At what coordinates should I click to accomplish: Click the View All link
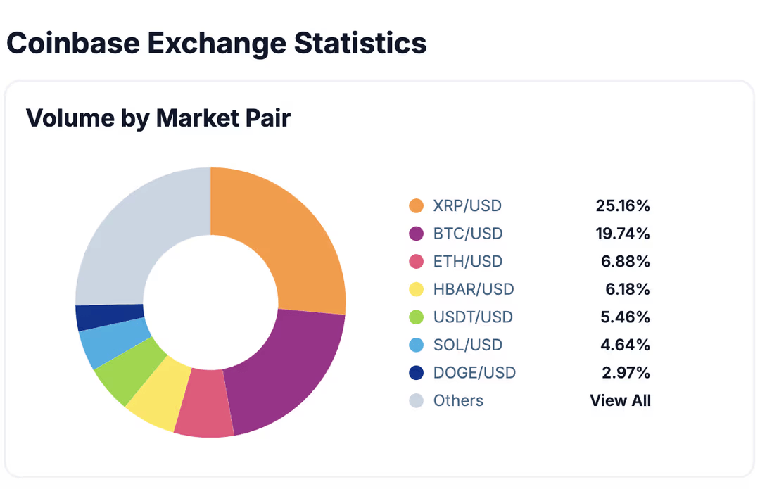pos(620,400)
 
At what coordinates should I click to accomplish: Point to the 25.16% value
pos(623,206)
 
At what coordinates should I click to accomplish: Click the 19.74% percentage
pos(623,234)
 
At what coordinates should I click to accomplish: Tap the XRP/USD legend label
pos(467,206)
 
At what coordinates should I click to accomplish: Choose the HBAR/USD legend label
pos(474,289)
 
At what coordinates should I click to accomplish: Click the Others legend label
pos(458,400)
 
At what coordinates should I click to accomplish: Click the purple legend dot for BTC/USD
pos(417,234)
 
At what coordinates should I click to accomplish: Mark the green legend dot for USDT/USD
pos(417,317)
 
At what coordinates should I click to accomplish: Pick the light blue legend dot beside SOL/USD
pos(417,345)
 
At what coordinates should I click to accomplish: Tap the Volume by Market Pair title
pos(158,118)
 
